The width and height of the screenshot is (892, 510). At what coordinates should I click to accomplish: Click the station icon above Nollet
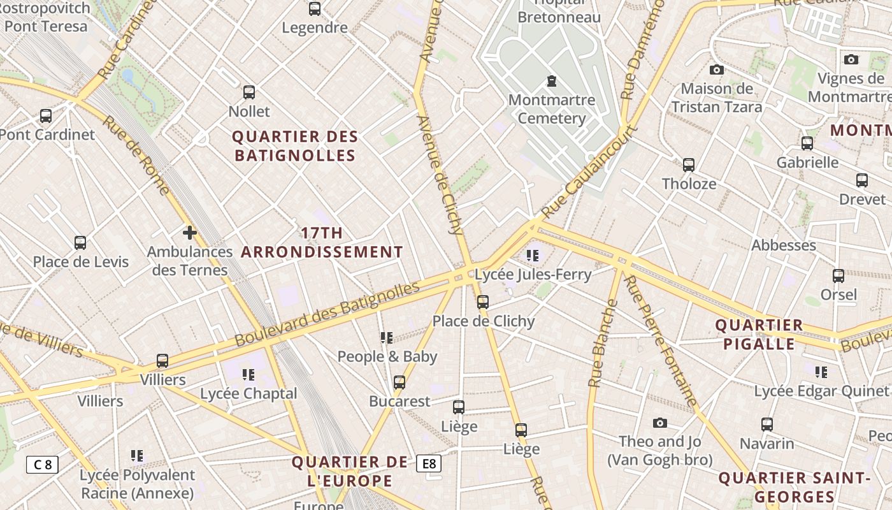coord(249,92)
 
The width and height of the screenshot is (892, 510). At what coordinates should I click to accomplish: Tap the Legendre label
coord(315,28)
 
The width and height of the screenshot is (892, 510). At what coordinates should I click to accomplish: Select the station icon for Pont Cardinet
coord(46,115)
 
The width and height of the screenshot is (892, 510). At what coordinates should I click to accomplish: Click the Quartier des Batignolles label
coord(295,146)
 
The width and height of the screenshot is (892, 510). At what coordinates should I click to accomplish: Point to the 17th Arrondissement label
coord(322,242)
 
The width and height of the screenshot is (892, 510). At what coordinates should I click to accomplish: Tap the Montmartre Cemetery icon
coord(551,81)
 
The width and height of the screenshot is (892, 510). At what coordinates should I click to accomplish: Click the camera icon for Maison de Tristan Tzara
coord(717,69)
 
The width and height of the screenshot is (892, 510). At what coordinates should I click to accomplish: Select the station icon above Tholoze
coord(689,164)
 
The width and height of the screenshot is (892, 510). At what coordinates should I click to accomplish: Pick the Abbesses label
coord(784,245)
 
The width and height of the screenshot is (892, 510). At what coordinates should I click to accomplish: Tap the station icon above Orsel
coord(838,275)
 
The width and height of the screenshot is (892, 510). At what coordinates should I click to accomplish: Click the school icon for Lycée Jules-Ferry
coord(533,256)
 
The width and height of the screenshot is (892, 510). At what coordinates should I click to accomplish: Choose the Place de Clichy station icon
coord(483,302)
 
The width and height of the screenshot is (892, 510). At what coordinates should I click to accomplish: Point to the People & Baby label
coord(387,356)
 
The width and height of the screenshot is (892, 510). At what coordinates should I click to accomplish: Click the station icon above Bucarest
coord(399,382)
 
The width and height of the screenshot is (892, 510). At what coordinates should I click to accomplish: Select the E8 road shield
coord(429,463)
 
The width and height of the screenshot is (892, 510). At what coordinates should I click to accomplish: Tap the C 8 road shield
coord(42,464)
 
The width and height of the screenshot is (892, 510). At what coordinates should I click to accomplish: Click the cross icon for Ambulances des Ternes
coord(189,232)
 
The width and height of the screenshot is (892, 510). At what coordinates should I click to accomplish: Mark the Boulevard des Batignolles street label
coord(327,314)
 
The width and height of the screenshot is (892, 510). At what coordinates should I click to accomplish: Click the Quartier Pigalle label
coord(759,335)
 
